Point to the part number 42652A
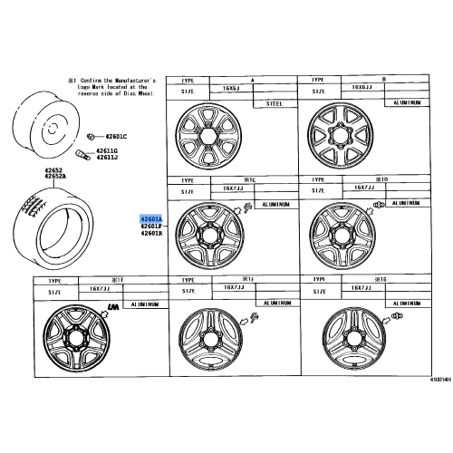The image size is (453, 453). coord(58,176)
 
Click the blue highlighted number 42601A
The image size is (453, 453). coord(150,219)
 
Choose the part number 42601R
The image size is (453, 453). coord(150,234)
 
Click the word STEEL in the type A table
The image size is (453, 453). coord(274,104)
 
